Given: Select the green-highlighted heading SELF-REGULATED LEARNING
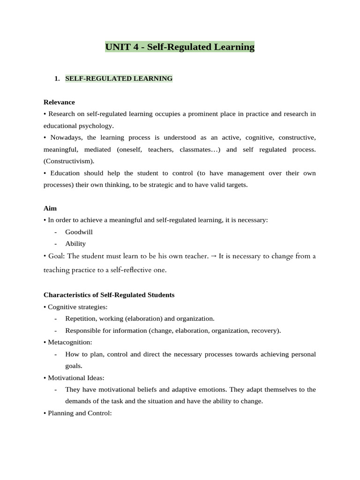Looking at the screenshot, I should pyautogui.click(x=119, y=79).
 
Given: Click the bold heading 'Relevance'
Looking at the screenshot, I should pyautogui.click(x=59, y=102).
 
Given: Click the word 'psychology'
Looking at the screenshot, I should pyautogui.click(x=97, y=126).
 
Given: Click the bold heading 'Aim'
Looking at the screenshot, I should pyautogui.click(x=50, y=208).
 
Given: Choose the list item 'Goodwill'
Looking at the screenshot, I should pyautogui.click(x=79, y=232).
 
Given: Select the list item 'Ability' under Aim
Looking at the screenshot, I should pyautogui.click(x=75, y=244).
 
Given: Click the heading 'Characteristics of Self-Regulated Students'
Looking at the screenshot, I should pyautogui.click(x=109, y=295).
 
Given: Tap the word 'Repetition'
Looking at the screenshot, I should pyautogui.click(x=80, y=319).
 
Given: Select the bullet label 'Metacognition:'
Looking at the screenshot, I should pyautogui.click(x=70, y=342).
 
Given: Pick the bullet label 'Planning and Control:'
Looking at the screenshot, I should pyautogui.click(x=79, y=413).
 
